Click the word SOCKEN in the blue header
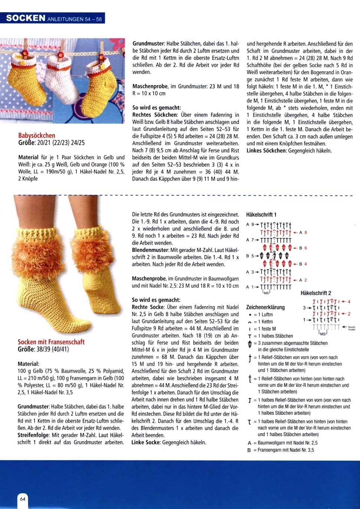26,18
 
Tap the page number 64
23,499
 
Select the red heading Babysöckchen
37,135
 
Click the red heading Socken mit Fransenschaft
51,342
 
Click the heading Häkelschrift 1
261,214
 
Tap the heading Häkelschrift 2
316,293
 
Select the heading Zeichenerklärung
265,307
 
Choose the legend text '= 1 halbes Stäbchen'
273,336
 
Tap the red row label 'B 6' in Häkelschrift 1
303,248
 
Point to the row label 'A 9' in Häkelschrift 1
250,224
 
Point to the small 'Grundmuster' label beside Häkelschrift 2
351,328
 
